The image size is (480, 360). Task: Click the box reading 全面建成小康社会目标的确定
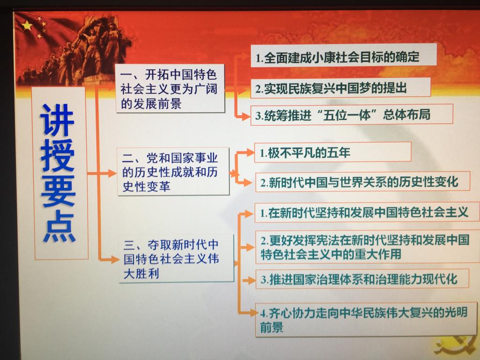tap(344, 55)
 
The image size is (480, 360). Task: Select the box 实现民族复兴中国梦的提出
tap(340, 88)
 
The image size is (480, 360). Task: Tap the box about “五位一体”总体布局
tap(352, 114)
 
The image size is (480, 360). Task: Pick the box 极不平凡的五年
tap(332, 152)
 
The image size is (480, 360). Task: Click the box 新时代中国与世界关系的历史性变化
tap(362, 182)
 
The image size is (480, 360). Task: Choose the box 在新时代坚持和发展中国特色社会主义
tap(367, 212)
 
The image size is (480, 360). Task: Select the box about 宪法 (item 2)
tap(367, 247)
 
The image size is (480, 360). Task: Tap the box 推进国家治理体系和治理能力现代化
tap(362, 278)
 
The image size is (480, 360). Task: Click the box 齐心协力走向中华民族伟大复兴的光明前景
tap(366, 319)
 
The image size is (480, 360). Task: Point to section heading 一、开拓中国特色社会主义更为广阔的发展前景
tap(170, 89)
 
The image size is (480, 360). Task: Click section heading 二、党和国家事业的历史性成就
tap(173, 172)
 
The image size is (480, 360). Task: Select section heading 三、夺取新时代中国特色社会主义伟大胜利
tap(176, 259)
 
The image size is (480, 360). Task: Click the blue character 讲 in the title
tap(57, 120)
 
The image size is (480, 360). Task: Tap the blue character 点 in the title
tap(59, 227)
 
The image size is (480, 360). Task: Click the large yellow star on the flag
tap(27, 26)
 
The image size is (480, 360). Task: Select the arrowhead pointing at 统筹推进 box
tap(246, 116)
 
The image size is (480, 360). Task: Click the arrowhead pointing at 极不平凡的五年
tap(249, 152)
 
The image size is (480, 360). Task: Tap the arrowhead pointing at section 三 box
tap(114, 259)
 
